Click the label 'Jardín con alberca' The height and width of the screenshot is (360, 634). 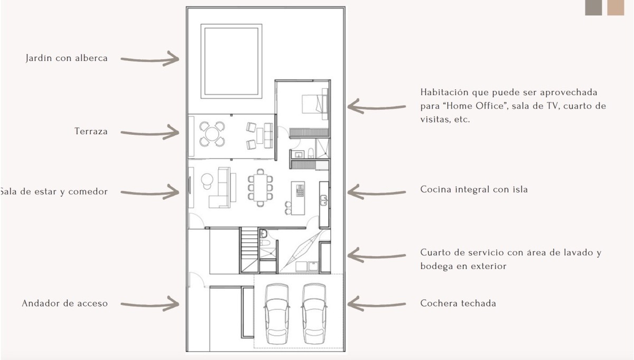point(67,58)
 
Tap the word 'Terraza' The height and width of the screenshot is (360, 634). point(91,132)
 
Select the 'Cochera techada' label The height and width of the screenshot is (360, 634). point(458,303)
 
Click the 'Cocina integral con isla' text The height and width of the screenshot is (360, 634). point(474,189)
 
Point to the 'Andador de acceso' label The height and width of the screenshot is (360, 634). point(65,303)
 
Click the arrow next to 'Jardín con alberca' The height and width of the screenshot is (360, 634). point(150,59)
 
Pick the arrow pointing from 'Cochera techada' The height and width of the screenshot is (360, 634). point(376,304)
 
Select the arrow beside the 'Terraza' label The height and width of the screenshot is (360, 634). point(150,132)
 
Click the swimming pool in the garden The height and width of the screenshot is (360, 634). point(231,61)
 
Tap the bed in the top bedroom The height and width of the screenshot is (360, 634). point(315,104)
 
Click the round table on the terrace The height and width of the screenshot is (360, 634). point(212,134)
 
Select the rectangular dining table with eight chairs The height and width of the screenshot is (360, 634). point(260,188)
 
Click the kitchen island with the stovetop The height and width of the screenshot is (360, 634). point(298,198)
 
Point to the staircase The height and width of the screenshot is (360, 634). point(249,250)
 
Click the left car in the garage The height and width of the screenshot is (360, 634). point(277,313)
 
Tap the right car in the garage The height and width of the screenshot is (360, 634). point(314,313)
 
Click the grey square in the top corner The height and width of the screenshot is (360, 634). point(593,7)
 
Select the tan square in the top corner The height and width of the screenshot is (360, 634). point(616,7)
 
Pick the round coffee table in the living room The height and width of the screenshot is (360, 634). point(207,179)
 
